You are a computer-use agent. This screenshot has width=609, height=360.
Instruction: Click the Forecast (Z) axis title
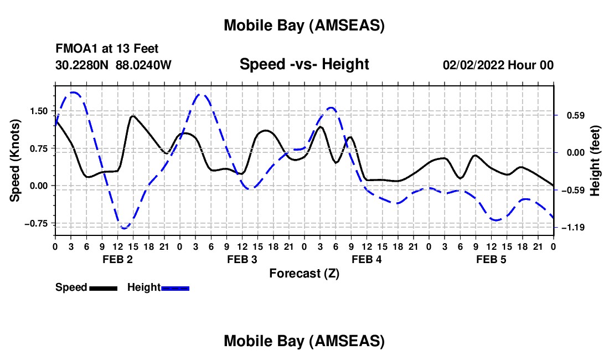coord(304,273)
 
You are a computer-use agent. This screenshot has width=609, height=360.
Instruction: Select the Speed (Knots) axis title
coord(16,161)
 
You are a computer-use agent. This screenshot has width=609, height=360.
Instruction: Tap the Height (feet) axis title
coord(596,161)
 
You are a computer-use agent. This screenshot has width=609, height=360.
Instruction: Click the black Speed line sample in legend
coord(103,288)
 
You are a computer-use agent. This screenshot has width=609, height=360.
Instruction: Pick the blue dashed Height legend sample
coord(176,288)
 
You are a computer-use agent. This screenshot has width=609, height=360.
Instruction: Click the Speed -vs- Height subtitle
coord(304,64)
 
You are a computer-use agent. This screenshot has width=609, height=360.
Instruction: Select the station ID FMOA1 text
coord(74,49)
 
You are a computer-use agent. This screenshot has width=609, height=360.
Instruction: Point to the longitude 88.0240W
coord(144,65)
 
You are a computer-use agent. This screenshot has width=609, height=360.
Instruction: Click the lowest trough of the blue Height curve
coord(125,228)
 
